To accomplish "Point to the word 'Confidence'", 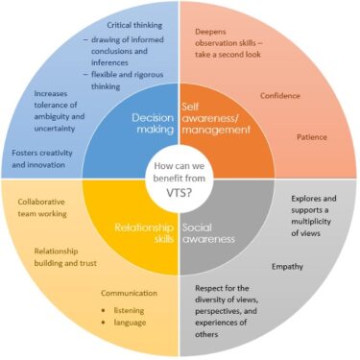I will (x=280, y=95).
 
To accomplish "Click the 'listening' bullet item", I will (x=122, y=310).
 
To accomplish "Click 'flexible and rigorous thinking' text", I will (x=122, y=80).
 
